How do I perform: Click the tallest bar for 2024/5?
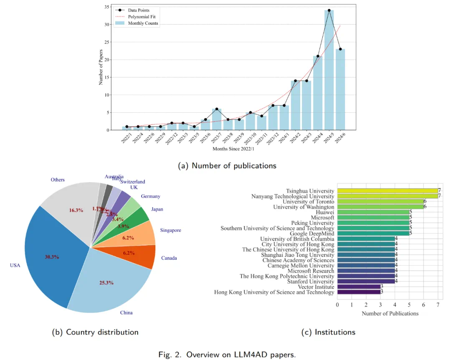pos(329,71)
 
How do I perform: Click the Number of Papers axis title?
pos(101,67)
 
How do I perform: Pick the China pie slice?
pos(109,288)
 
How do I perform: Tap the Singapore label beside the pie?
pos(170,230)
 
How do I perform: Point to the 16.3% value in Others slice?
pos(76,210)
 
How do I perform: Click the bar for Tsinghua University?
pos(387,191)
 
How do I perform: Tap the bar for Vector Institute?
pos(359,287)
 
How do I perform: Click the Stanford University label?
pos(308,281)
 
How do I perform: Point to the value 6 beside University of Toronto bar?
pos(425,202)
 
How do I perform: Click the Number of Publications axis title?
pos(390,314)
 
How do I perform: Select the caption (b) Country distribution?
pos(95,332)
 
